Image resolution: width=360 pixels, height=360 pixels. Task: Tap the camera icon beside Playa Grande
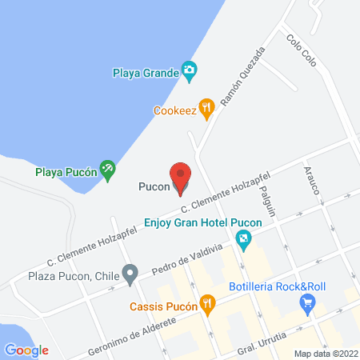189,72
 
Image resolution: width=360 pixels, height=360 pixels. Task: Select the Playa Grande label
144,73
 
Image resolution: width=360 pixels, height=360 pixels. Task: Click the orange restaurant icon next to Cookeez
207,107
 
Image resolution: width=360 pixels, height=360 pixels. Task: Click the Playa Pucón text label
66,170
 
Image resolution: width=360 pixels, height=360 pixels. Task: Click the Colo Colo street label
303,53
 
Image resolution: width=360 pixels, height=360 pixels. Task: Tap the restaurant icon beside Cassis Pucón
207,303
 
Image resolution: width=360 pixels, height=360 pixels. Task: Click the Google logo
26,350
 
